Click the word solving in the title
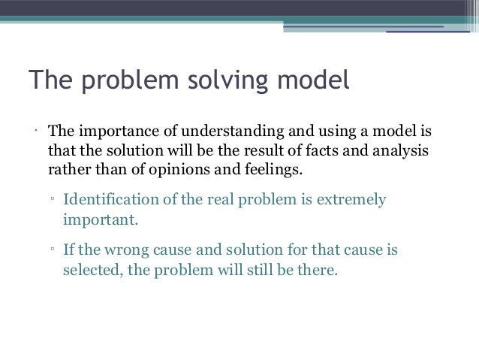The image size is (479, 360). click(x=206, y=80)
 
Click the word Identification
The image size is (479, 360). click(x=110, y=201)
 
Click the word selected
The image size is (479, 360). click(x=88, y=267)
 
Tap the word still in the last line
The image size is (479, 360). click(x=248, y=267)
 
